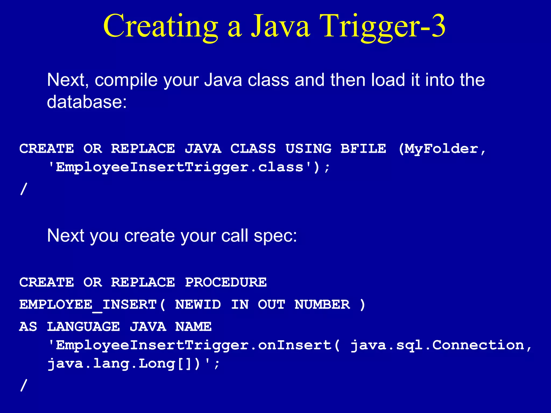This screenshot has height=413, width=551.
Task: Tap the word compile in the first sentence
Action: [126, 80]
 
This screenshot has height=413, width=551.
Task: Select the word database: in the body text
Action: [87, 102]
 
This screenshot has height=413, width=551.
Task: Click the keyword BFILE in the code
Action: [363, 149]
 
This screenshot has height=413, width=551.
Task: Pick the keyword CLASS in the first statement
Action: [253, 149]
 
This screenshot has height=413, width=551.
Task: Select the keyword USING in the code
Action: [308, 149]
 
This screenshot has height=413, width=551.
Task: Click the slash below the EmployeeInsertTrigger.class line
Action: [24, 189]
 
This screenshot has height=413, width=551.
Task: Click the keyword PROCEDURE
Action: [226, 282]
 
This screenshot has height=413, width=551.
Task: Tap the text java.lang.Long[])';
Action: [134, 364]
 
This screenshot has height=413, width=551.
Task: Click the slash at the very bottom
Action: [24, 385]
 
